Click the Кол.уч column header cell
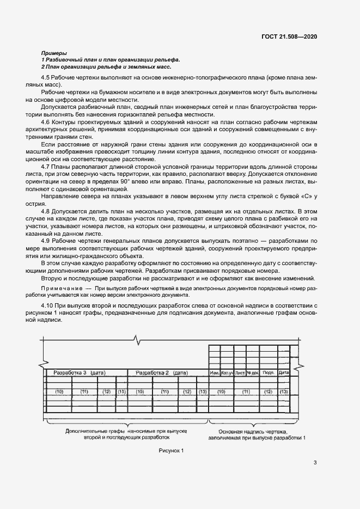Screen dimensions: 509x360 pyautogui.click(x=227, y=373)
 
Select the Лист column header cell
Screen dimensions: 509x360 pyautogui.click(x=239, y=373)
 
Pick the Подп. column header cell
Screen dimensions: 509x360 pyautogui.click(x=268, y=373)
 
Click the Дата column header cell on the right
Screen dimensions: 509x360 pyautogui.click(x=283, y=373)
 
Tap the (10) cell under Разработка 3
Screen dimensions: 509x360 pyautogui.click(x=59, y=392)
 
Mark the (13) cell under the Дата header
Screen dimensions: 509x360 pyautogui.click(x=283, y=392)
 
